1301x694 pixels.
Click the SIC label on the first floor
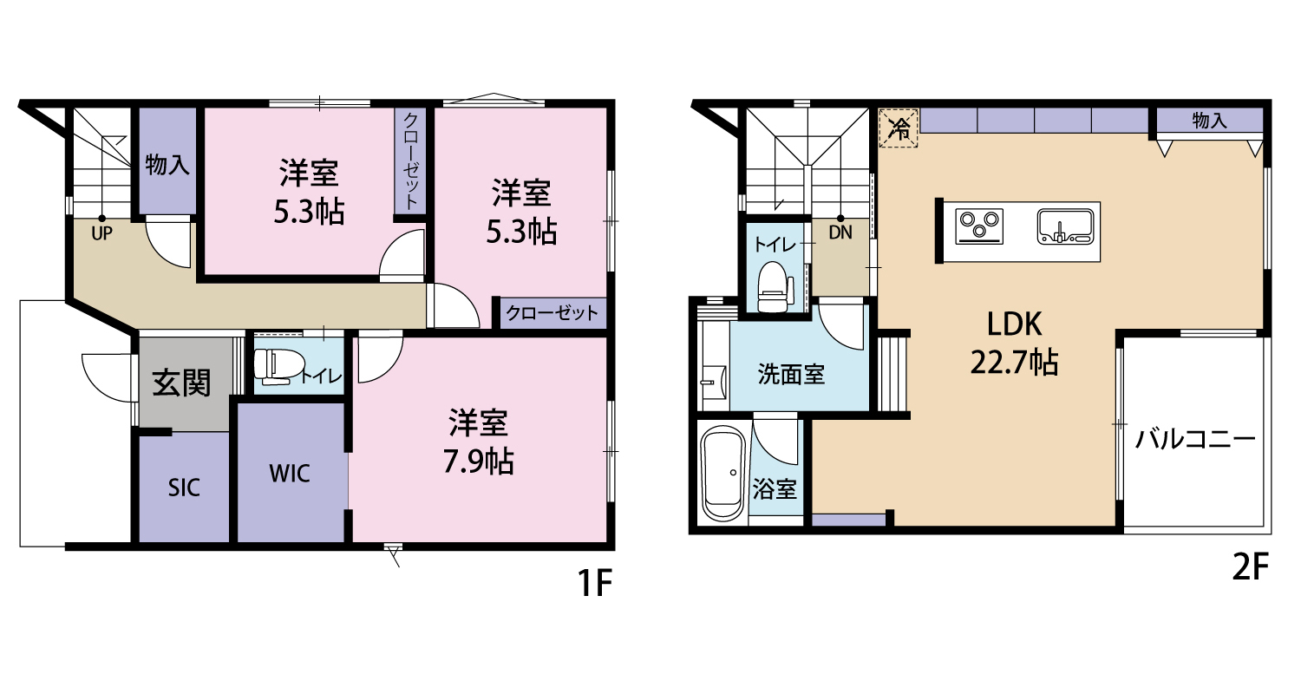(184, 488)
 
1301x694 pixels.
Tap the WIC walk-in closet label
(289, 474)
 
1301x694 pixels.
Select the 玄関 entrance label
(181, 383)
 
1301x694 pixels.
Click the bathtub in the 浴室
(723, 474)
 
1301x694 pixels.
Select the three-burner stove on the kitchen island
(979, 226)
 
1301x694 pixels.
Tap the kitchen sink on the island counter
(1065, 226)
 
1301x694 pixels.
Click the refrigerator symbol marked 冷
(899, 128)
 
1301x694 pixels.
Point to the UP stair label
(101, 234)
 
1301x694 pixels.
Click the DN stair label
(840, 232)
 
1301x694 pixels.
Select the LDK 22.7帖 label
(1014, 343)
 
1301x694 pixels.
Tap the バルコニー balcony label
(1195, 439)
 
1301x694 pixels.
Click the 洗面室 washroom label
(791, 375)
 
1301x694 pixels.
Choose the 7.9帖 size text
(478, 462)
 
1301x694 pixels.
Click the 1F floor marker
(595, 583)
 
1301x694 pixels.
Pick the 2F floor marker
(1250, 566)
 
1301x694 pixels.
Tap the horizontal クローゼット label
(552, 313)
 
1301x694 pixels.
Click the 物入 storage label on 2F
(1210, 121)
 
